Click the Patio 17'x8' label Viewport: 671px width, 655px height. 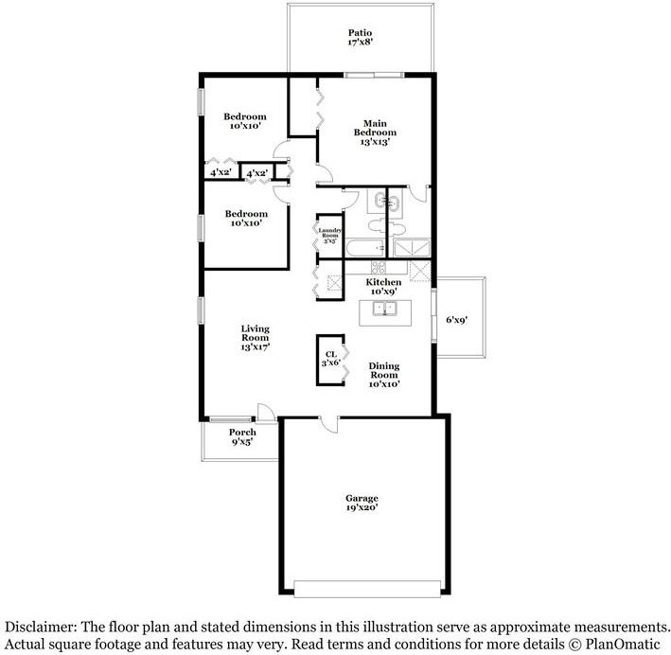360,37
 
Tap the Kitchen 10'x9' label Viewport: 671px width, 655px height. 383,287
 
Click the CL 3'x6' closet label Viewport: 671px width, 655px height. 331,360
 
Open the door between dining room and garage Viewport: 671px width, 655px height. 330,423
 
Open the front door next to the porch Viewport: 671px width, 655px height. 267,413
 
